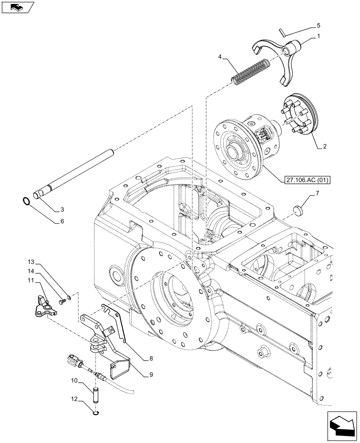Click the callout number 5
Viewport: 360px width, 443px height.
(318, 26)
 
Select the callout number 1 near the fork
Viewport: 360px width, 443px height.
(318, 37)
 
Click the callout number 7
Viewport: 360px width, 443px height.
(317, 194)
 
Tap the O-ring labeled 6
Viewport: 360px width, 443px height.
(27, 202)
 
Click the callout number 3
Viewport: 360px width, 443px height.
(62, 209)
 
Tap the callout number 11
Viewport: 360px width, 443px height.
(43, 281)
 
